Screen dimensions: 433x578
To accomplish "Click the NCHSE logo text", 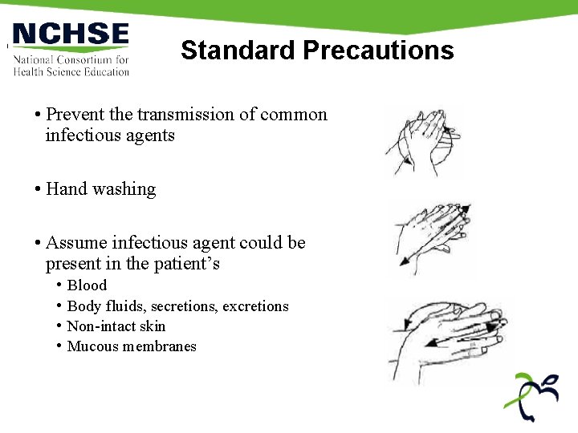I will click(71, 35).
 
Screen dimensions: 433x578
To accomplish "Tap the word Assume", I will click(75, 243).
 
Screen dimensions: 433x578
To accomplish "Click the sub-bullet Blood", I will click(87, 285).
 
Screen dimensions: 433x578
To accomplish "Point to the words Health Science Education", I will click(71, 72).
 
